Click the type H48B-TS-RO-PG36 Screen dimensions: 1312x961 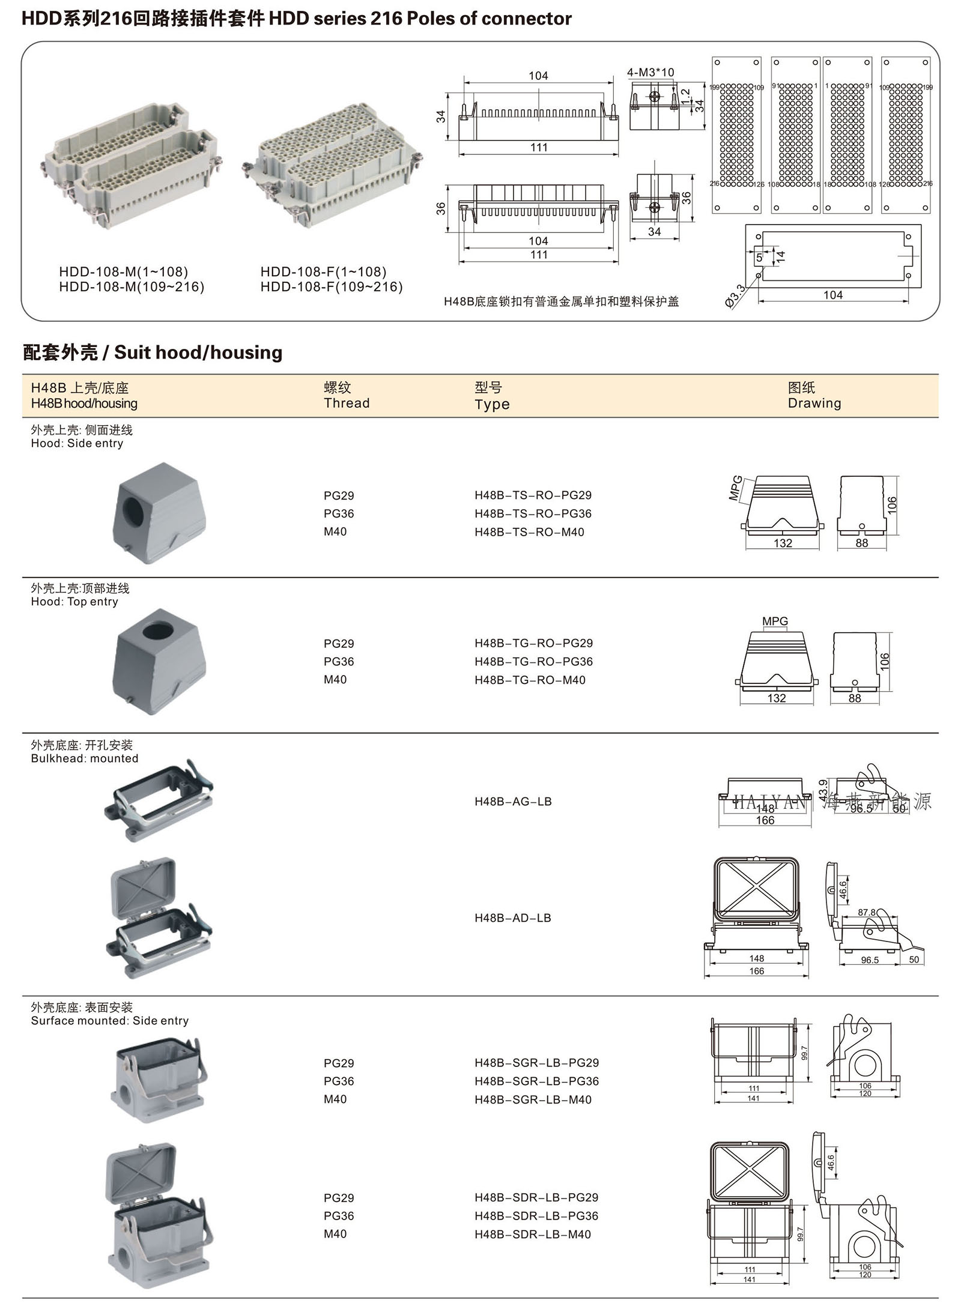pyautogui.click(x=533, y=513)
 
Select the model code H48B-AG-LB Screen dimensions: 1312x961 pyautogui.click(x=513, y=801)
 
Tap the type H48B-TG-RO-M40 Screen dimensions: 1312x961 pyautogui.click(x=530, y=680)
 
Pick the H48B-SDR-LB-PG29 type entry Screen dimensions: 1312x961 pyautogui.click(x=536, y=1197)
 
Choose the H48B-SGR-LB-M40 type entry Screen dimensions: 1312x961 pyautogui.click(x=533, y=1099)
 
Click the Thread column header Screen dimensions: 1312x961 pyautogui.click(x=347, y=403)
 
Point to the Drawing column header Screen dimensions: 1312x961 pyautogui.click(x=814, y=403)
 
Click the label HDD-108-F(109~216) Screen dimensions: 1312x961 pyautogui.click(x=332, y=287)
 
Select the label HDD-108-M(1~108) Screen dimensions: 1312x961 pyautogui.click(x=124, y=271)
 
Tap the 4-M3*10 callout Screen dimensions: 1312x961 pyautogui.click(x=650, y=73)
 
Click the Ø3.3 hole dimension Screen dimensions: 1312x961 pyautogui.click(x=735, y=297)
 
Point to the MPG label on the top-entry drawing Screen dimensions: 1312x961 pyautogui.click(x=775, y=621)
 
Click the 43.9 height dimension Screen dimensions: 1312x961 pyautogui.click(x=823, y=788)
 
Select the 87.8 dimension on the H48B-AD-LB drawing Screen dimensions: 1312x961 pyautogui.click(x=866, y=912)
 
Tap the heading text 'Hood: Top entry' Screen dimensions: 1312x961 pyautogui.click(x=74, y=602)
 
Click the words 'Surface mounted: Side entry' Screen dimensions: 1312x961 pyautogui.click(x=110, y=1021)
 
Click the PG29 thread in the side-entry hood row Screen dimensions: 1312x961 pyautogui.click(x=339, y=495)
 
